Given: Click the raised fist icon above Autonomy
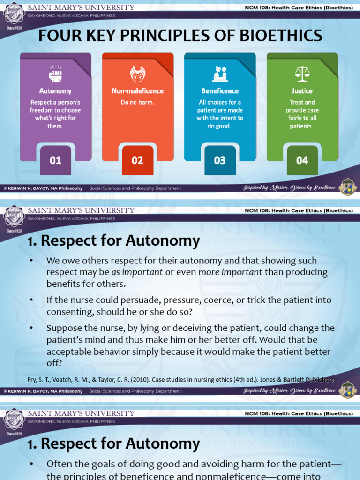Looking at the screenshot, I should click(55, 74).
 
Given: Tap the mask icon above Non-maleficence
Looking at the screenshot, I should click(137, 74).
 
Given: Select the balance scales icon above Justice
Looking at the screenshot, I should click(302, 73).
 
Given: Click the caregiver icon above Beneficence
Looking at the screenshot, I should click(220, 74).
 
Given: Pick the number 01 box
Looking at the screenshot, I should click(55, 160).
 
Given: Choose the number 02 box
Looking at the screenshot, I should click(137, 160).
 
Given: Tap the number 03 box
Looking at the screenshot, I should click(220, 160).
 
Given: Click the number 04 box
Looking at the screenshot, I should click(302, 160).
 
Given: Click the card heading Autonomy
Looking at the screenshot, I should click(55, 91).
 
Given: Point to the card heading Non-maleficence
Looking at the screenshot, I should click(137, 91).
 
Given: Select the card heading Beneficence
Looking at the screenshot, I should click(220, 91).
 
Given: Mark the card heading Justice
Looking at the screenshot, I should click(302, 91).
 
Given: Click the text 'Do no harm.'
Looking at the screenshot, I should click(137, 102).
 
